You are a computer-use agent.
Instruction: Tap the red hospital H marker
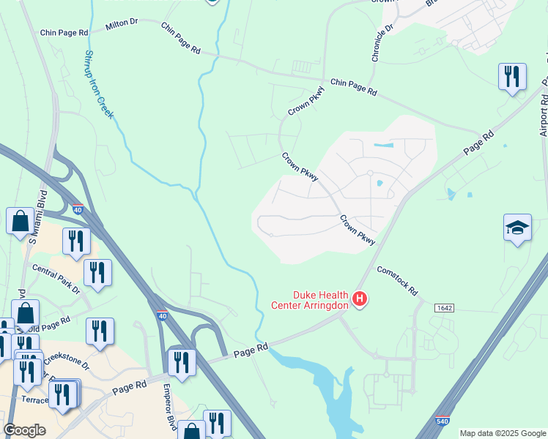point(360,299)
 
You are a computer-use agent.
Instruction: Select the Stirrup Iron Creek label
point(100,85)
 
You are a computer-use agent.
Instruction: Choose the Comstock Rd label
point(397,280)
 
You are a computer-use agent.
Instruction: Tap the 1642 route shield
point(444,308)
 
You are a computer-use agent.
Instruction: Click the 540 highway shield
point(442,421)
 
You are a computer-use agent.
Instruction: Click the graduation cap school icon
point(517,228)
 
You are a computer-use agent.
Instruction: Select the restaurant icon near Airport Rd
point(511,77)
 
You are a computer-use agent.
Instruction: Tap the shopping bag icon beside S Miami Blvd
point(20,220)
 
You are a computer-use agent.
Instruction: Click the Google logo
point(24,430)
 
